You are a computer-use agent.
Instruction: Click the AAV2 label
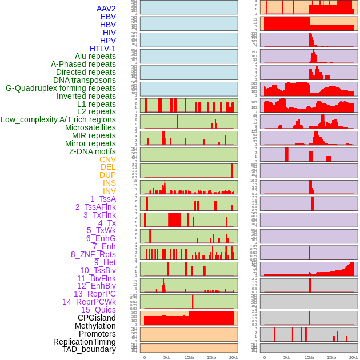(106, 9)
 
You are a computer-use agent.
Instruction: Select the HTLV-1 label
(102, 49)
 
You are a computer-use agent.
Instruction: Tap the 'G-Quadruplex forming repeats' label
(61, 88)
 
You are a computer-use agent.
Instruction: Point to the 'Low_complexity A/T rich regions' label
(58, 119)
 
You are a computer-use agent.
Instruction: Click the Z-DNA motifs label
(92, 151)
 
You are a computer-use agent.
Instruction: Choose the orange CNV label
(107, 159)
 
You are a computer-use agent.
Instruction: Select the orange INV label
(109, 191)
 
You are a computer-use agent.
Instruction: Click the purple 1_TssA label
(103, 199)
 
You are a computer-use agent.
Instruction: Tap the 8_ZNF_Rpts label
(93, 254)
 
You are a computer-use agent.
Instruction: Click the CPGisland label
(97, 318)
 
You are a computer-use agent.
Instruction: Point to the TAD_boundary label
(89, 349)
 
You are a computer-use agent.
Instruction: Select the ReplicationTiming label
(84, 342)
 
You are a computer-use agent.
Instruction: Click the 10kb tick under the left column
(189, 357)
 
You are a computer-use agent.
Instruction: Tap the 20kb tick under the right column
(354, 357)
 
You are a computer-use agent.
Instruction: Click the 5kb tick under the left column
(167, 357)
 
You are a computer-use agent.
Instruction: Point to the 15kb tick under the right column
(331, 357)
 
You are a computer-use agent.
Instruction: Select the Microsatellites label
(90, 127)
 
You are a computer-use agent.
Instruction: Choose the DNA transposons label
(85, 80)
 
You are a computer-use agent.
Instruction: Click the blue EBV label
(108, 17)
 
